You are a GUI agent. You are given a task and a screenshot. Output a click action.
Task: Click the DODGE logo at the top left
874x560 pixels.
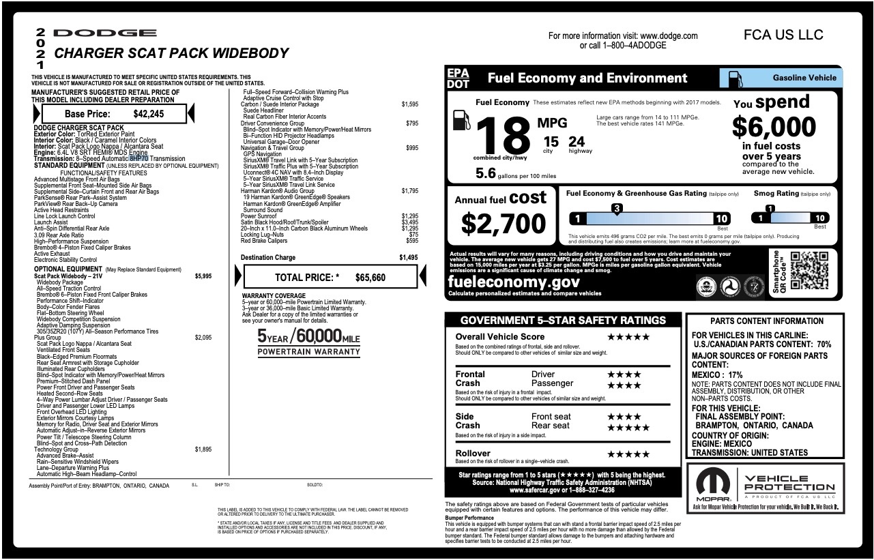click(104, 33)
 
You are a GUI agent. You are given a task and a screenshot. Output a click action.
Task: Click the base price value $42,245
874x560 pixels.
click(149, 114)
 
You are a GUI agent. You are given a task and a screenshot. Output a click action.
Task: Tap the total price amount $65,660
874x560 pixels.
click(370, 278)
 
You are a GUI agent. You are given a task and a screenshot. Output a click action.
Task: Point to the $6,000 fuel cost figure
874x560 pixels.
click(774, 128)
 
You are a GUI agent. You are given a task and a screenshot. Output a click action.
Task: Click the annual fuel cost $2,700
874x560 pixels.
click(504, 223)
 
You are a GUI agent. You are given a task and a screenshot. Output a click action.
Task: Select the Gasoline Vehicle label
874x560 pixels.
click(804, 78)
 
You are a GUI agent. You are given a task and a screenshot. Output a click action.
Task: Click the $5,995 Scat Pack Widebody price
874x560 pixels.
click(203, 276)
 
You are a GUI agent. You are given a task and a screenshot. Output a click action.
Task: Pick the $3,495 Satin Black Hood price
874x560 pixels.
click(409, 222)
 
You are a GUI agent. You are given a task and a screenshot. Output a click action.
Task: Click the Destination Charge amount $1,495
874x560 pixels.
click(409, 258)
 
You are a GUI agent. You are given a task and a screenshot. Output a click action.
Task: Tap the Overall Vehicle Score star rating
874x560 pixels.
click(628, 337)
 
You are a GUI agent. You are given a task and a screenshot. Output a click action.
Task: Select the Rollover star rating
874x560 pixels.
click(628, 454)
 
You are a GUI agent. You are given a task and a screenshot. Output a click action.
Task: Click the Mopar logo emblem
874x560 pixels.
click(713, 484)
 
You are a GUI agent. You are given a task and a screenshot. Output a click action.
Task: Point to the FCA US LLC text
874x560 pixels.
click(783, 35)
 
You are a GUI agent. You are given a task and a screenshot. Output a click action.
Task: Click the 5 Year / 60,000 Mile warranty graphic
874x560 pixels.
click(308, 342)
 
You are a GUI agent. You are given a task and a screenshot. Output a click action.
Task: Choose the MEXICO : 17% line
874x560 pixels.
click(717, 375)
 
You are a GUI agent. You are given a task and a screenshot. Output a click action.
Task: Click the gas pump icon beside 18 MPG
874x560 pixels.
click(461, 120)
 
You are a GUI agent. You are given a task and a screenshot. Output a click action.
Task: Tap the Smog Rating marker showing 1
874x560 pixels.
click(770, 209)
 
